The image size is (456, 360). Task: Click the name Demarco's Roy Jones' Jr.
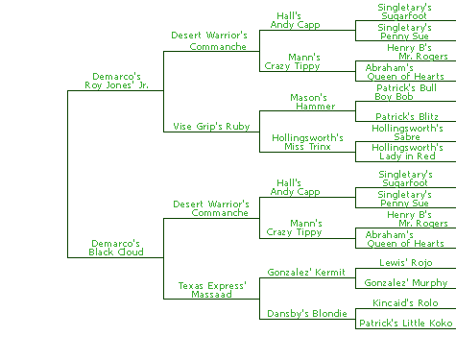116,81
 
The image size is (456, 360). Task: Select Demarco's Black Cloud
116,248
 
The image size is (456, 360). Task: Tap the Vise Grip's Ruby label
211,127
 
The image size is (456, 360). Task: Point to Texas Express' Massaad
212,290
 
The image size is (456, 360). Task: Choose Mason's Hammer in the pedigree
313,102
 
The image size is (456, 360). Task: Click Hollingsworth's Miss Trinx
307,142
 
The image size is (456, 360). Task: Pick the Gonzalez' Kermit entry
306,273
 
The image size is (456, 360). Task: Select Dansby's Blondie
307,314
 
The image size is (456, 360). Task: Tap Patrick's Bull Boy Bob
406,92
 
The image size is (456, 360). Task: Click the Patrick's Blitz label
407,116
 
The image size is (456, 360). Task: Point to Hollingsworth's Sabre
407,132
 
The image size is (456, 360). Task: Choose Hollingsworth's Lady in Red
407,152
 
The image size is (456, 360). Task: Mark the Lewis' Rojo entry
406,263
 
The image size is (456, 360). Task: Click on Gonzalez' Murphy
406,283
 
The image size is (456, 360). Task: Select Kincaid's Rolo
405,303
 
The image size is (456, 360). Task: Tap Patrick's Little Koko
406,324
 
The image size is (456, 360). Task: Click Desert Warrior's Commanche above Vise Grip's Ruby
209,40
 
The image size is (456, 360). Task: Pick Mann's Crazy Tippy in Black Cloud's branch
294,228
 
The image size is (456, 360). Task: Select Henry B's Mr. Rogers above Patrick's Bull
418,52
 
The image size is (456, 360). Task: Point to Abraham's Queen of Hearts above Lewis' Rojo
404,239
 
